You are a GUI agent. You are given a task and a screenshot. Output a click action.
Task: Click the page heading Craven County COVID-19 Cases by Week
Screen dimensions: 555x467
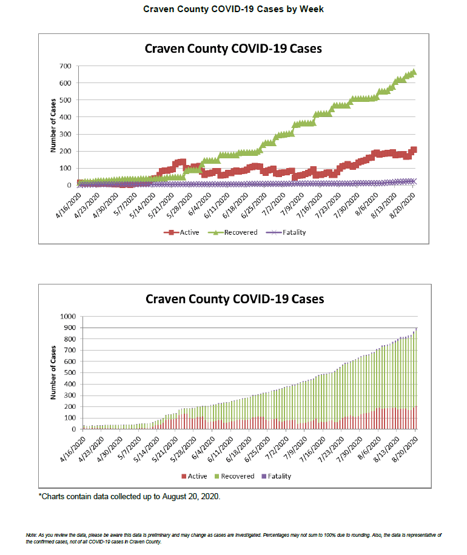click(x=233, y=9)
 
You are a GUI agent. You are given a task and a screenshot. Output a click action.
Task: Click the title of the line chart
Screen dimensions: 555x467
click(x=233, y=49)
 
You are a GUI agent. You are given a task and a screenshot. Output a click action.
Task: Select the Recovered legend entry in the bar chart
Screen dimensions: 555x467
click(x=237, y=476)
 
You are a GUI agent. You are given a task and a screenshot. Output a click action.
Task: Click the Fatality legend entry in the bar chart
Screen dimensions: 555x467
click(x=277, y=476)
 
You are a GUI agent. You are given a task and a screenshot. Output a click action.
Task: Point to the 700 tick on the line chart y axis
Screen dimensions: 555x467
click(x=65, y=66)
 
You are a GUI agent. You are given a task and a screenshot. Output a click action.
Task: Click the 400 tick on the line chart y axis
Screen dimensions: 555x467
click(x=65, y=117)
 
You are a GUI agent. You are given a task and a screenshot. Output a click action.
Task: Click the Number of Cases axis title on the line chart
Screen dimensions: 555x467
click(x=54, y=126)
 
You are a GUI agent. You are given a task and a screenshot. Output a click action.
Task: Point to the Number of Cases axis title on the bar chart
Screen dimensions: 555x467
click(x=54, y=372)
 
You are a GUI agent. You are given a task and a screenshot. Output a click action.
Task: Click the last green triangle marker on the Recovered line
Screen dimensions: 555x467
click(x=413, y=72)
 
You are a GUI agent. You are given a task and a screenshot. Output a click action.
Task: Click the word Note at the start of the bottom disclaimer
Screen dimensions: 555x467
click(x=32, y=534)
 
